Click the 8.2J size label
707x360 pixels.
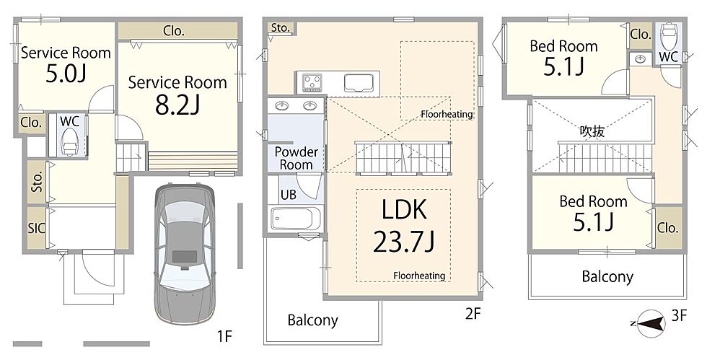point(177,105)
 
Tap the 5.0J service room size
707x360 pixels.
point(66,74)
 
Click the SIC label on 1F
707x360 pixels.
point(37,228)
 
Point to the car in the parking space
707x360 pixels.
point(185,253)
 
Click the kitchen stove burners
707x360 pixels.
point(312,82)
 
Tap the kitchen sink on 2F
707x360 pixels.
point(359,83)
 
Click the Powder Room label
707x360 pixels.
point(297,158)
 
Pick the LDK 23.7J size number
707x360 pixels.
point(403,243)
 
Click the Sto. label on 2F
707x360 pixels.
point(280,27)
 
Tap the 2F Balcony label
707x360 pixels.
point(313,320)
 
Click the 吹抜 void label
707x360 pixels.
point(592,131)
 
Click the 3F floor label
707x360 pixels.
point(679,316)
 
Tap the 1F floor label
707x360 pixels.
point(224,336)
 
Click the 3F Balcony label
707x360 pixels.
point(607,276)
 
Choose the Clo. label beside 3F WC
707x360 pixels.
point(641,35)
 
